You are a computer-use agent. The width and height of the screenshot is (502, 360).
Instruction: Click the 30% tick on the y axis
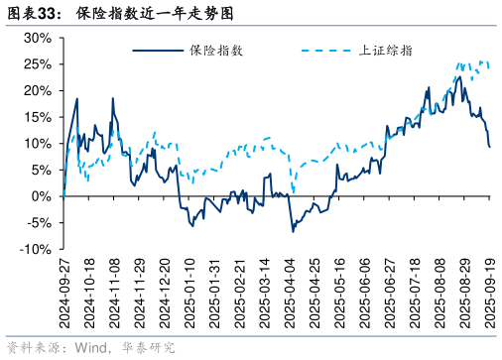point(36,38)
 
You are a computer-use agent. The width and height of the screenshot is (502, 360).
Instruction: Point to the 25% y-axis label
point(36,64)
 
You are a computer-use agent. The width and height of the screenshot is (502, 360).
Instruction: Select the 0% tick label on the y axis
point(40,196)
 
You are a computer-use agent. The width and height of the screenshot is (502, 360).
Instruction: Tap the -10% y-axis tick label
point(33,250)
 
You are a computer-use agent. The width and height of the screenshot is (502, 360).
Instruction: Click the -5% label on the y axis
point(36,223)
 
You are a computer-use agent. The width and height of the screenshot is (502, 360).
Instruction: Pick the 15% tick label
point(36,117)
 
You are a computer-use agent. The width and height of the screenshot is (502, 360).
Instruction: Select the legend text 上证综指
point(386,50)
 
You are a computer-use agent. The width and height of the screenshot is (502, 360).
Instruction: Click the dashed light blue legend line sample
point(327,50)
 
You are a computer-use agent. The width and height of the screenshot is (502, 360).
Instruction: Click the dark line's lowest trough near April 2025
point(293,231)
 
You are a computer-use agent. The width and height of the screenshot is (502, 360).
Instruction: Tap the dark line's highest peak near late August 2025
point(459,76)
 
